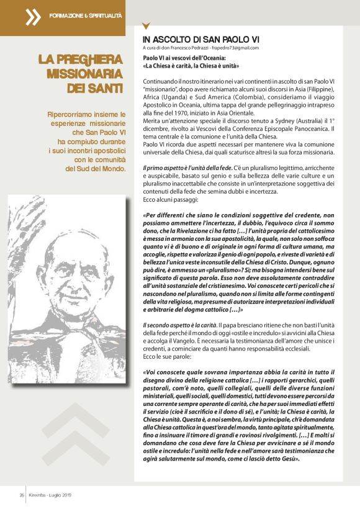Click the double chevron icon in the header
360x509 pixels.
(x=33, y=17)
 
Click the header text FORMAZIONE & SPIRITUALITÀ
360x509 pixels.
(x=86, y=14)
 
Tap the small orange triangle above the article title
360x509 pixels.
(x=146, y=27)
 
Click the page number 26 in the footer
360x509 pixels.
(x=20, y=495)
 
